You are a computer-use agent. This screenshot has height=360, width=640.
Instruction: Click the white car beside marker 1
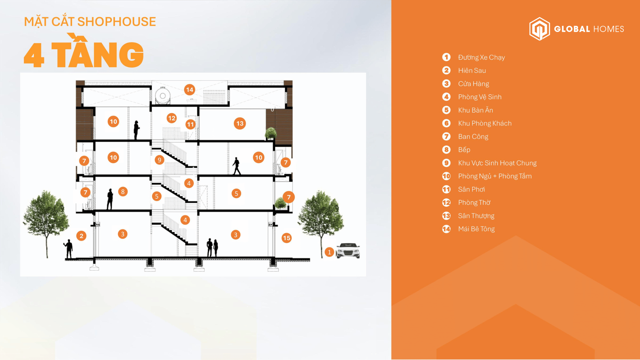(348, 250)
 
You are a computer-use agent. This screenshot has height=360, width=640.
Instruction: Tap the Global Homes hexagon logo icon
(540, 29)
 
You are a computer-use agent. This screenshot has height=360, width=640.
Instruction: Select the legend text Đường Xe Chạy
(481, 58)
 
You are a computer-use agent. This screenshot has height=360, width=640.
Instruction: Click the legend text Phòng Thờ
(474, 203)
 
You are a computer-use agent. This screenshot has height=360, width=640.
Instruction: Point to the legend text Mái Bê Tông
(476, 229)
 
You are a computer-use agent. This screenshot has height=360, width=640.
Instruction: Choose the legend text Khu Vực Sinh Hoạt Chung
(497, 163)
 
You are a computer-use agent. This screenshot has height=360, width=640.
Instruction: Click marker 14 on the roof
(190, 90)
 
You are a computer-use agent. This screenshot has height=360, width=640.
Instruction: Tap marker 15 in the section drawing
(287, 238)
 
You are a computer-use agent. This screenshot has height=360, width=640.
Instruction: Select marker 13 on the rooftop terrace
(240, 124)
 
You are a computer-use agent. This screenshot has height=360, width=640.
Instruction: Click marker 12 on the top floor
(172, 118)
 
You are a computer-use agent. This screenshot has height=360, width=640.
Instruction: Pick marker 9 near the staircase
(159, 160)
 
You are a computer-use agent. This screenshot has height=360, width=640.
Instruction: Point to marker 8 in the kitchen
(123, 192)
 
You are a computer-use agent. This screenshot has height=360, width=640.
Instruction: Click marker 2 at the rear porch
(82, 236)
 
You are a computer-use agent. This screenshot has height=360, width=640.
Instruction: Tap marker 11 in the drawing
(190, 124)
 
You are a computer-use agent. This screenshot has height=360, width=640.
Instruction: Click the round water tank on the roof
(163, 96)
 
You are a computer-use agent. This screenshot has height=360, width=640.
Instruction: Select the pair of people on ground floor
(212, 248)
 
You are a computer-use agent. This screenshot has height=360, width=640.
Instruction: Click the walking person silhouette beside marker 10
(236, 166)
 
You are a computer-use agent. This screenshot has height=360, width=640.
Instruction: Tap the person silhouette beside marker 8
(110, 199)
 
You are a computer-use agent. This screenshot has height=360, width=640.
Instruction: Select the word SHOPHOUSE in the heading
(116, 22)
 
